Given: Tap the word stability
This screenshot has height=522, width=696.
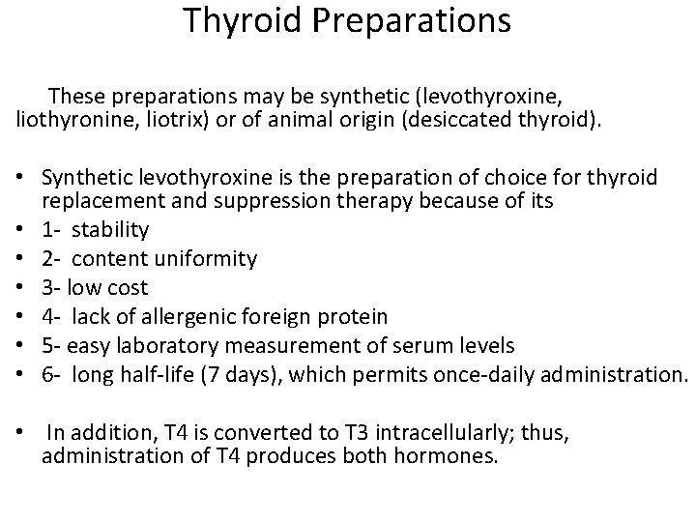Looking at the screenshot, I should point(111,229).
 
